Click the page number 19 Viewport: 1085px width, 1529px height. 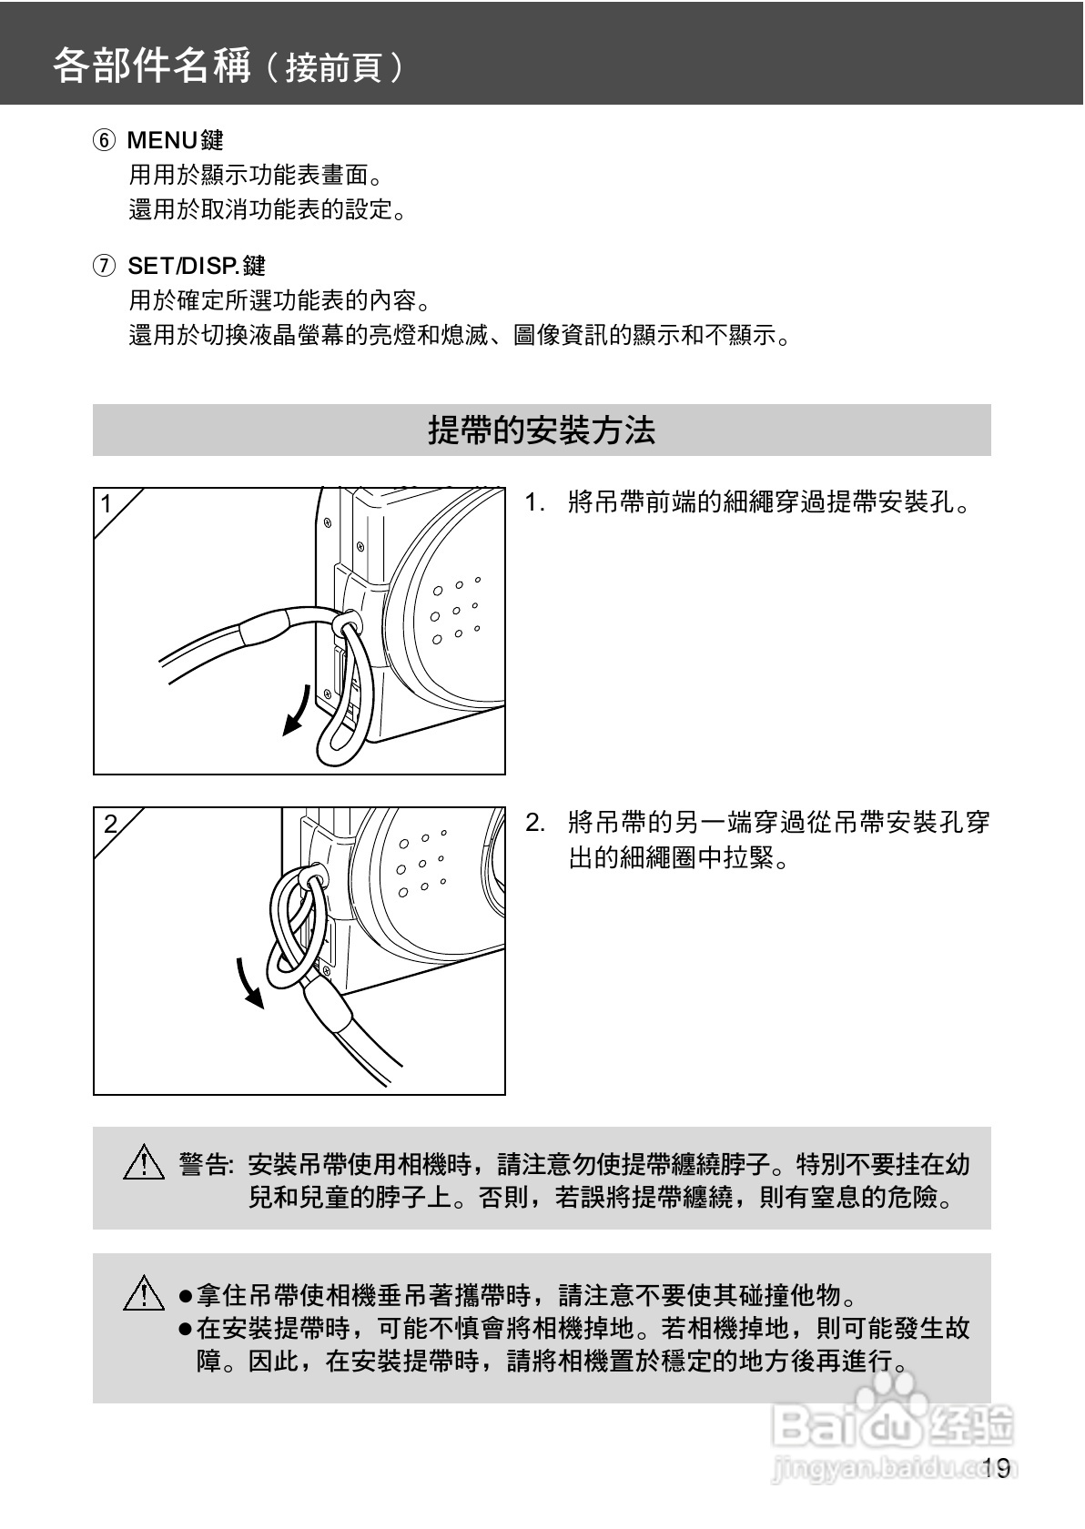(998, 1467)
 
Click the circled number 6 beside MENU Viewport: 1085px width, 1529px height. (104, 140)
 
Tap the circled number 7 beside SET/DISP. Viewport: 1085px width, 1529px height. (104, 265)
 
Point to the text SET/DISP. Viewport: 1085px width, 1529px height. (183, 266)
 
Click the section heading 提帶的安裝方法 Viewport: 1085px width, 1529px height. (542, 430)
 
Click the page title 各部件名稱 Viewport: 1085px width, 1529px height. (152, 66)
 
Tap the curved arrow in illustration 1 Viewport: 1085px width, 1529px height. (298, 712)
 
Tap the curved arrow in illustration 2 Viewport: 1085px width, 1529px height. (248, 984)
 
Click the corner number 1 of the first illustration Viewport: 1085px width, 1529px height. (106, 504)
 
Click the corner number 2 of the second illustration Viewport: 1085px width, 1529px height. (110, 824)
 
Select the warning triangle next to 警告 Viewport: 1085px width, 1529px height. (144, 1161)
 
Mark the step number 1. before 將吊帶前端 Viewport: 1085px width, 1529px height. (534, 503)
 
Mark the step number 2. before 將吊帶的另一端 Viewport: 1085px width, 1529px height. (534, 823)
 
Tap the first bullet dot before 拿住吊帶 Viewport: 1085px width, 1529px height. (185, 1295)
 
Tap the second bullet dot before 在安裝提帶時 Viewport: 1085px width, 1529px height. (185, 1329)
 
